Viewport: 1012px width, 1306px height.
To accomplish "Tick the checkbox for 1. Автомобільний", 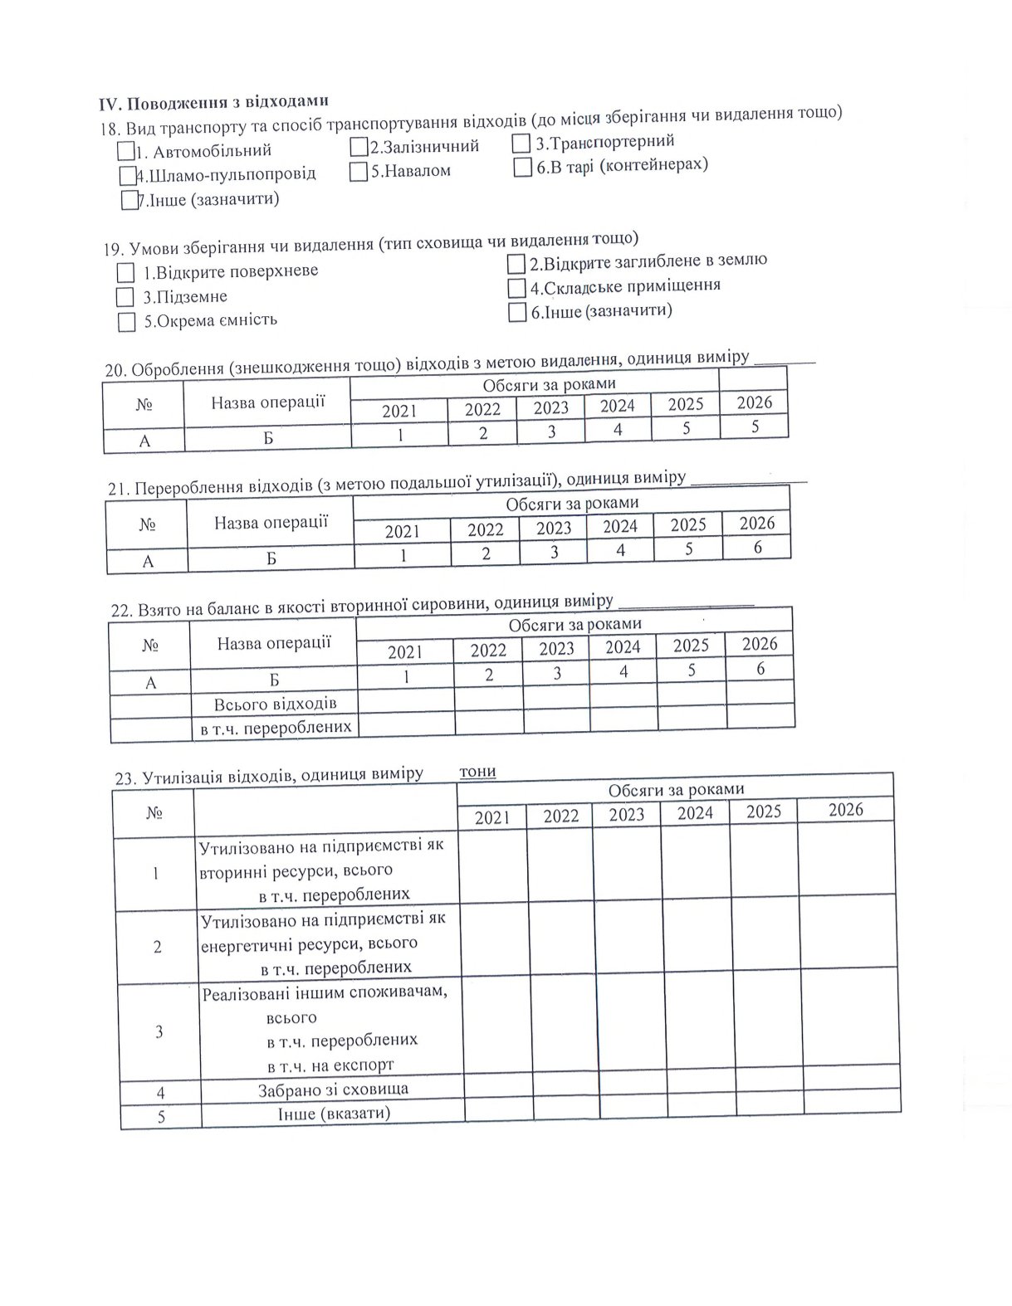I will (x=126, y=152).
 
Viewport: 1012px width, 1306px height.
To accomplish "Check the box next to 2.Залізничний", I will (x=359, y=148).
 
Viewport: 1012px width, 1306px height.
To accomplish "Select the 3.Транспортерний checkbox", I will (x=521, y=144).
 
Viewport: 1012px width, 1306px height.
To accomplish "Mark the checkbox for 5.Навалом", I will (x=359, y=172).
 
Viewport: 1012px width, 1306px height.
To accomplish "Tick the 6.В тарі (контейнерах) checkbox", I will (x=522, y=168).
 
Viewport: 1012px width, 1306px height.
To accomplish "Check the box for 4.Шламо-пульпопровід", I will (x=127, y=176).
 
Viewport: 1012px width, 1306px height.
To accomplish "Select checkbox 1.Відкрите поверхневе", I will (x=125, y=273).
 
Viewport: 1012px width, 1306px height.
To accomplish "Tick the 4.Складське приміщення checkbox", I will (x=517, y=288).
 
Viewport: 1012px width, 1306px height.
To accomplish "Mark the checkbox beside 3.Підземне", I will (x=125, y=297).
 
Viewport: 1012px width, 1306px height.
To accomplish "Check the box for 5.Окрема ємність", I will (x=126, y=322).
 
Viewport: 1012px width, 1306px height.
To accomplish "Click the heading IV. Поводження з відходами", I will (x=214, y=102).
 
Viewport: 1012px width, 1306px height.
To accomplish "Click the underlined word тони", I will (x=477, y=772).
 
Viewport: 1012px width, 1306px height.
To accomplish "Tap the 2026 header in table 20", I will (x=755, y=403).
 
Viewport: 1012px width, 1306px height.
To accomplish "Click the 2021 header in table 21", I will (x=403, y=531).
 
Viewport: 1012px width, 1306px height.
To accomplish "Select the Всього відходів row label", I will (x=275, y=704).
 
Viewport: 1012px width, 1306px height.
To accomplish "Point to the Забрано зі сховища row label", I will (x=332, y=1089).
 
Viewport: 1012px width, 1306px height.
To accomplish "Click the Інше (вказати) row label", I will (x=334, y=1113).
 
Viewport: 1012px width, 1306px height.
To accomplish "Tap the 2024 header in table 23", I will (x=695, y=813).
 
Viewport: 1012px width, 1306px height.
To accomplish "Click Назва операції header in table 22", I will (x=273, y=643).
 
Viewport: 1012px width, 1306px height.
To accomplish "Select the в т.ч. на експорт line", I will (x=330, y=1065).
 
